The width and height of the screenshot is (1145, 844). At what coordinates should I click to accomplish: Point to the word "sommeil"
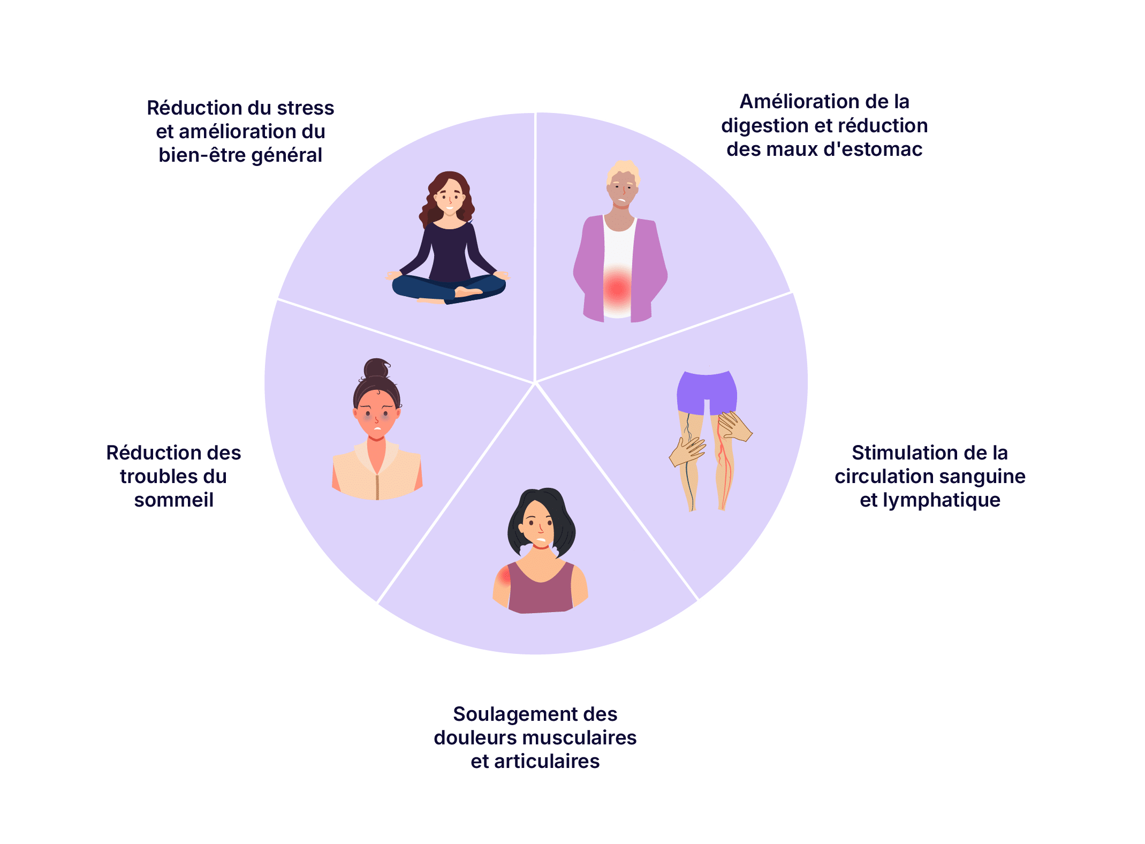[x=174, y=500]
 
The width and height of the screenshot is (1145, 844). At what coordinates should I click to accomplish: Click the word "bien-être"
[x=201, y=155]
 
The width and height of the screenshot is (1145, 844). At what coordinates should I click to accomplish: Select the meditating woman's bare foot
[x=467, y=292]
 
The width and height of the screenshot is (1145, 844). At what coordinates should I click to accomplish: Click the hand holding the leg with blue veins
[x=687, y=451]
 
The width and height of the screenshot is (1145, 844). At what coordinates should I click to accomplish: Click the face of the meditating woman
[x=449, y=198]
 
